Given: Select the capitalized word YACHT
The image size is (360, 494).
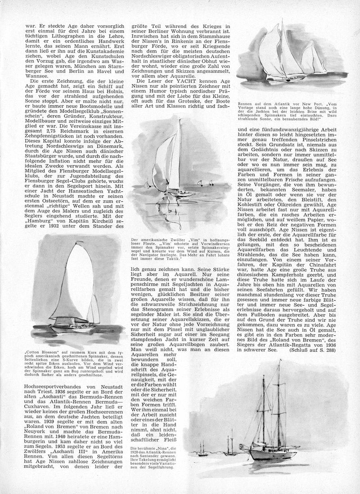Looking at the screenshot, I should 184,81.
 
